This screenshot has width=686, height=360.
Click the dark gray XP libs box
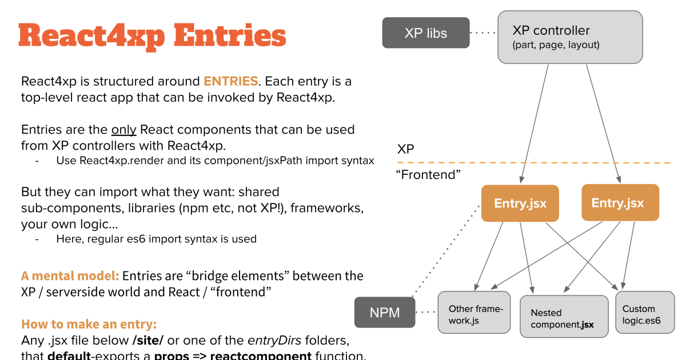[425, 33]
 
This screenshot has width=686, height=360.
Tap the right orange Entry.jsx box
[620, 203]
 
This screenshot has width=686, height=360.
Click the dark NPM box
[384, 312]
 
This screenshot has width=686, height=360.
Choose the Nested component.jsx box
[564, 317]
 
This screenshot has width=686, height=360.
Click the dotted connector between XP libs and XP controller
[484, 33]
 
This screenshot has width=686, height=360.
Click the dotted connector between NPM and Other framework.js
[426, 312]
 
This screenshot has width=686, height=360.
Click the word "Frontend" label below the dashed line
[428, 174]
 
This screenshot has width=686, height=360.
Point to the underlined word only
[123, 129]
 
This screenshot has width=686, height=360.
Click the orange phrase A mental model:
[70, 275]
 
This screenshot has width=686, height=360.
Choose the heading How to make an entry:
[89, 325]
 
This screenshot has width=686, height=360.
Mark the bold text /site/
[147, 341]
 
